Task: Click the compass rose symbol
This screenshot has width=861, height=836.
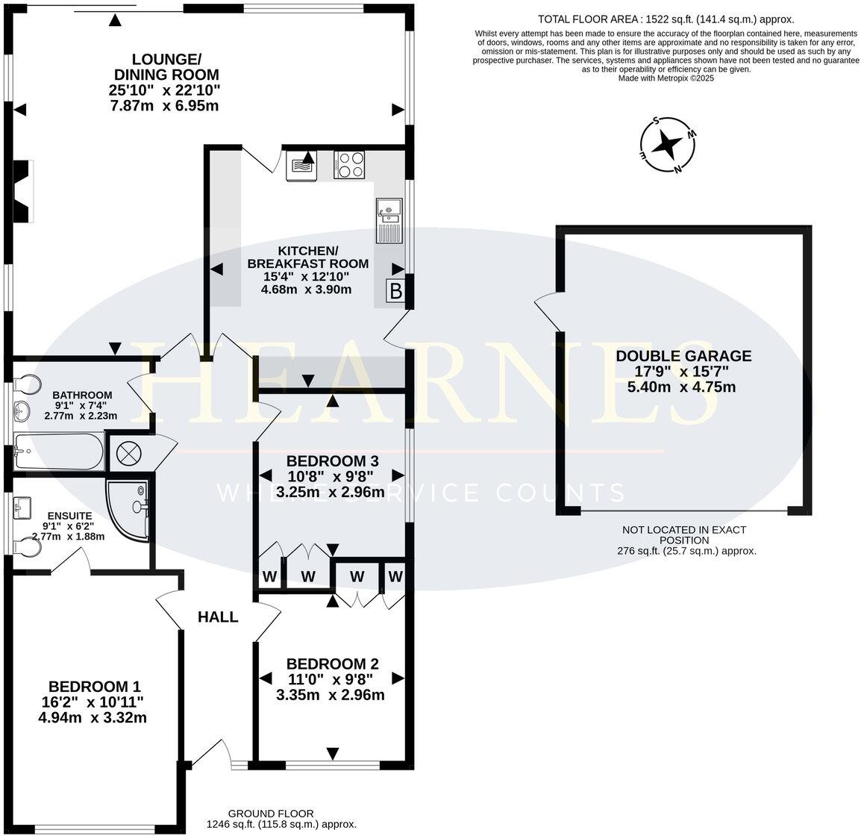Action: click(x=668, y=145)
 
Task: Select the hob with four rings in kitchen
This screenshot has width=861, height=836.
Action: click(x=350, y=165)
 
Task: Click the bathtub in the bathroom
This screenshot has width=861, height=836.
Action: click(x=57, y=452)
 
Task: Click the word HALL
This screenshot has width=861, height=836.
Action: click(x=218, y=617)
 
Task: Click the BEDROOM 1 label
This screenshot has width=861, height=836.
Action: click(x=94, y=686)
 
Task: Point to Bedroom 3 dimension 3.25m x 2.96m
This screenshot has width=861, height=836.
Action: click(x=330, y=492)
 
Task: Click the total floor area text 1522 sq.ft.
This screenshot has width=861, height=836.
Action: click(x=666, y=20)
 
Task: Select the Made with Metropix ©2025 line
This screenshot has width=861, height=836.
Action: click(x=666, y=78)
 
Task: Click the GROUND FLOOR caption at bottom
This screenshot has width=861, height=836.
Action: click(x=271, y=813)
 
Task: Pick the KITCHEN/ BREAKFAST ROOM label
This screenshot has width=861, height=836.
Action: click(x=307, y=256)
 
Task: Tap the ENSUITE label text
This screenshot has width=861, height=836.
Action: click(x=69, y=515)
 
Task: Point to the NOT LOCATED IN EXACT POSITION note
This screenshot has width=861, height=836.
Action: click(x=683, y=535)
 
